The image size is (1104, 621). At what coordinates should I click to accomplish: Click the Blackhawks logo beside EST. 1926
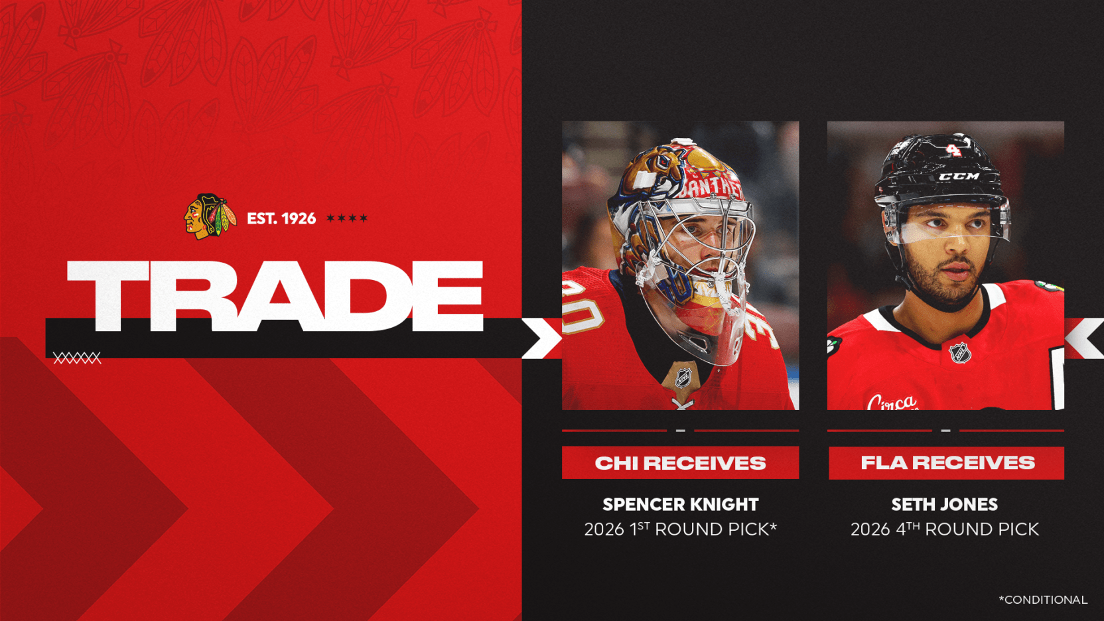210,217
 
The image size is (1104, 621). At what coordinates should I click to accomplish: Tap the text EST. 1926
281,218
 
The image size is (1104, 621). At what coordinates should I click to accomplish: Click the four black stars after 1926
347,218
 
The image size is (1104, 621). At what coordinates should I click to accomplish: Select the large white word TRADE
275,296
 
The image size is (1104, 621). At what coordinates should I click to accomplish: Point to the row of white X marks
77,358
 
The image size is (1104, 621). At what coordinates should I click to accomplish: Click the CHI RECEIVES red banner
680,462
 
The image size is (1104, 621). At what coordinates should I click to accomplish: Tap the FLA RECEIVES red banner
946,462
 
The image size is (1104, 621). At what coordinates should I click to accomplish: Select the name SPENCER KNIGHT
680,504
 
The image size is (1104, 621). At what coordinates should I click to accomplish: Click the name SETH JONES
945,504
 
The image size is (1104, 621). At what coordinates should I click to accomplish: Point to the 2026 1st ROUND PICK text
680,529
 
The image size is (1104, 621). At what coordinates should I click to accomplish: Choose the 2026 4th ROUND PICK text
945,529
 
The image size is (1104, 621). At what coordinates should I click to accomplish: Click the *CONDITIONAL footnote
1043,600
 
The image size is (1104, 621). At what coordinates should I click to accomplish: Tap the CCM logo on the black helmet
959,176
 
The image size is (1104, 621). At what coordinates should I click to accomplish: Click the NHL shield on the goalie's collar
683,378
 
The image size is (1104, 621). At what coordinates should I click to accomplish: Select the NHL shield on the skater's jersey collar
960,353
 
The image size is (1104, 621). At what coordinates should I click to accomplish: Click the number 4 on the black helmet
953,149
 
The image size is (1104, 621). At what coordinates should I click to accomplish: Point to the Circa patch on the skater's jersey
892,402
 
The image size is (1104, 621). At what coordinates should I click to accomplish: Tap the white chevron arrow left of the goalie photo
541,338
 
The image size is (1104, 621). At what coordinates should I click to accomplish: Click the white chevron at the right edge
1084,338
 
